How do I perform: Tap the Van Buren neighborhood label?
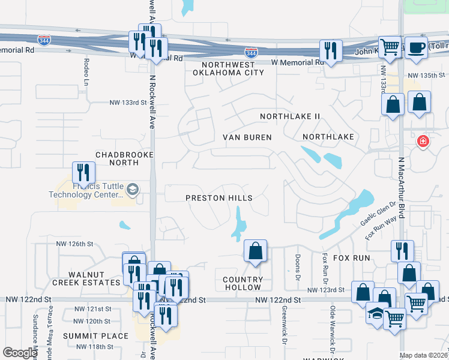point(247,137)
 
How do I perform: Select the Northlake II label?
point(291,116)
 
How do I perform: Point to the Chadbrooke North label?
point(121,158)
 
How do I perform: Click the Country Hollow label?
point(243,284)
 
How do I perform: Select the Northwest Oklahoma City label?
point(228,68)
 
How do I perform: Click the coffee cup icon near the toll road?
point(415,48)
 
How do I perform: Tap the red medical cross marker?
point(423,142)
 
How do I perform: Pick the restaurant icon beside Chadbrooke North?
point(83,172)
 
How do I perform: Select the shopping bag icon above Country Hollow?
point(256,251)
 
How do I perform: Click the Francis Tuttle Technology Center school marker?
point(133,191)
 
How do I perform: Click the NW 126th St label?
point(75,244)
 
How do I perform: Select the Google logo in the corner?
point(20,352)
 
